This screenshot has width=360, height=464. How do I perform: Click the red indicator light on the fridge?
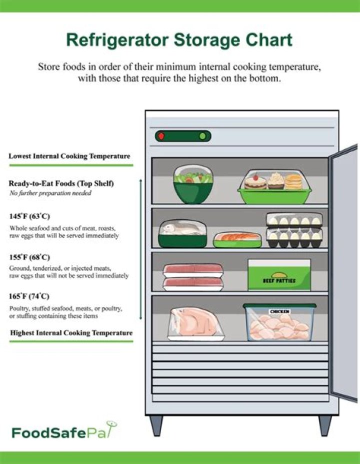161,136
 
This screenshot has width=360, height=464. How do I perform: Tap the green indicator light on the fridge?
202,136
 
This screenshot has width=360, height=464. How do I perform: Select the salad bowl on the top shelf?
193,185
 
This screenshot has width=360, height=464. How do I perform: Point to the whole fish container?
182,234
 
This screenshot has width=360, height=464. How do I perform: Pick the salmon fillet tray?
237,240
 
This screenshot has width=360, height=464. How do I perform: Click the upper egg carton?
294,220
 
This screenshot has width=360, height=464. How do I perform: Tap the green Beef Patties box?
279,275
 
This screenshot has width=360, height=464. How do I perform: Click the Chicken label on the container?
279,312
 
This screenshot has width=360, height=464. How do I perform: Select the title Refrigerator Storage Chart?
179,40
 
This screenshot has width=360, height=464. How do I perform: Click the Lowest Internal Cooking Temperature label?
69,156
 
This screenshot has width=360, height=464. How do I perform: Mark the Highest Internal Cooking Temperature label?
71,333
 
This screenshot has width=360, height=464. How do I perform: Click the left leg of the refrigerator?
156,425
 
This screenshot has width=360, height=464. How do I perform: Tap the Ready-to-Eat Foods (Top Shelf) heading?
61,184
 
